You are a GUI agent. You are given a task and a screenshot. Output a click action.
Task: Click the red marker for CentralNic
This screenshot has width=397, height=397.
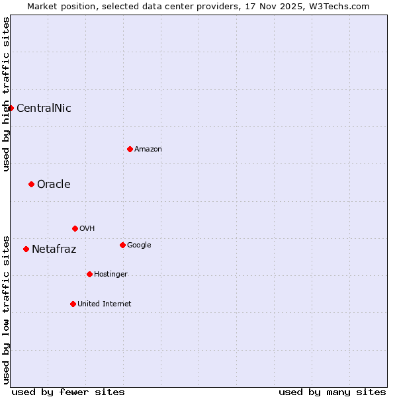point(11,108)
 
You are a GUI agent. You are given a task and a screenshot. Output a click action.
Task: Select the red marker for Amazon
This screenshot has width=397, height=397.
point(130,149)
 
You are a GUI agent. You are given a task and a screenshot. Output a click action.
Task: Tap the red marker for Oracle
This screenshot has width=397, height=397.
point(31,184)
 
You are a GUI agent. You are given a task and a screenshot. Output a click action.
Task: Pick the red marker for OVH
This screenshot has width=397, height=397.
point(75,228)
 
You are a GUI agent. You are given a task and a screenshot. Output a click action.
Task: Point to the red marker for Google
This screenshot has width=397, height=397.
point(122,245)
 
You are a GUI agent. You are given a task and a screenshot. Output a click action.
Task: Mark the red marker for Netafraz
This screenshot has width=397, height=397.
point(26,249)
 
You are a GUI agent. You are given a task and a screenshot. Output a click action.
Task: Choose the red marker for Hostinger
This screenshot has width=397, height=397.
point(89,274)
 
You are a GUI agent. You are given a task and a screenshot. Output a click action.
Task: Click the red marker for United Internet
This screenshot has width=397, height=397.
point(73,304)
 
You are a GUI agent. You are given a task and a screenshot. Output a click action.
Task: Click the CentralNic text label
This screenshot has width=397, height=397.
point(44,109)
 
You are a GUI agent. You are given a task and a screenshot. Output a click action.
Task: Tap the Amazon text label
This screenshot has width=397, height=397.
point(148,150)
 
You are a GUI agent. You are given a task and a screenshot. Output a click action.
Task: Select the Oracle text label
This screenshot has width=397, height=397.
point(54,185)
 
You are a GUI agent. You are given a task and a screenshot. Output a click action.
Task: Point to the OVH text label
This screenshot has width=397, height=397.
point(87,229)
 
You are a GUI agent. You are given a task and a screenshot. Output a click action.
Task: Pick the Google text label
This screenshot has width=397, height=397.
point(139,245)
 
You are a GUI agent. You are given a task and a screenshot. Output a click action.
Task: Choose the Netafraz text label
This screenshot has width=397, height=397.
point(54,249)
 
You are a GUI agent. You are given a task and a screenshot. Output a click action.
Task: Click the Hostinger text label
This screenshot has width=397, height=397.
point(110,275)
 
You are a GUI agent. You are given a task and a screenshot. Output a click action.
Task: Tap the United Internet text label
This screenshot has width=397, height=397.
point(105,304)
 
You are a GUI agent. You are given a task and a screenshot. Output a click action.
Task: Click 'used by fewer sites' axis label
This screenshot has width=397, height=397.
point(68,392)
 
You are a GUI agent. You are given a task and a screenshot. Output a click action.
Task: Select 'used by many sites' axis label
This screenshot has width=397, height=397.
point(332,392)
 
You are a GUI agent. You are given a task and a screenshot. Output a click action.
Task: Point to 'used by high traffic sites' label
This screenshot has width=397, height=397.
point(6,94)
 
